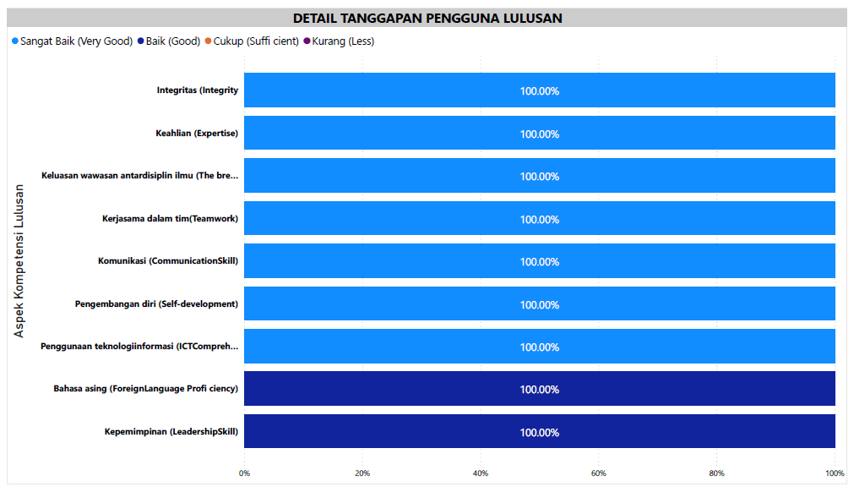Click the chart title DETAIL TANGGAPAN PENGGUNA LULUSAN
point(427,18)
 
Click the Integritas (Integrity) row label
point(197,90)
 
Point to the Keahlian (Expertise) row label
point(196,134)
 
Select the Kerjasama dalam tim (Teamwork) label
point(170,219)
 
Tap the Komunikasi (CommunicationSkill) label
point(167,261)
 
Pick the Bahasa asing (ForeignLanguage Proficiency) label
point(145,389)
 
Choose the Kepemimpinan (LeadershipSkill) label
point(171,432)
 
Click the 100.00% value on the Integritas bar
point(539,91)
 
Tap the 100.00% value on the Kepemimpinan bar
point(539,433)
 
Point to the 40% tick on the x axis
point(481,473)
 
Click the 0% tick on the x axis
point(244,473)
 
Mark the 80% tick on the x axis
point(716,473)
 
